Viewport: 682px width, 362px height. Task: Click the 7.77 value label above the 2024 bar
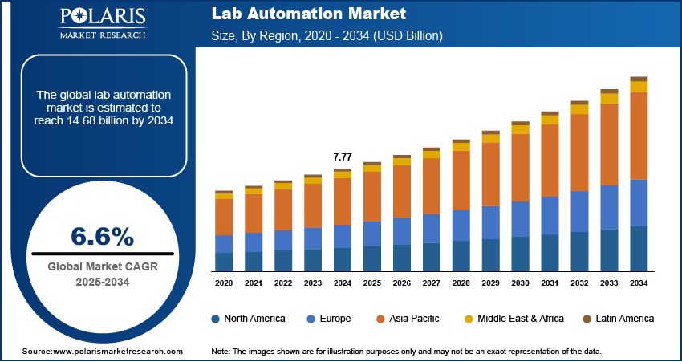click(343, 156)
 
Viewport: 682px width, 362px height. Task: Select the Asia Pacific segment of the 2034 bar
click(639, 136)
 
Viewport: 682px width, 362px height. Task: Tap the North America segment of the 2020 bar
click(224, 262)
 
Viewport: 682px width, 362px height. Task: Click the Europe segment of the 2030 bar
click(521, 219)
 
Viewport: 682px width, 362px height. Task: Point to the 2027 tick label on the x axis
click(432, 283)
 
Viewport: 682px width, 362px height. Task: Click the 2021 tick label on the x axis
click(254, 283)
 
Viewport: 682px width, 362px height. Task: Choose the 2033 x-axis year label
click(609, 283)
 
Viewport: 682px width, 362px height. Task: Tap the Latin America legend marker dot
click(587, 319)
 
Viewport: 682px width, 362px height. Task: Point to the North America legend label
click(254, 319)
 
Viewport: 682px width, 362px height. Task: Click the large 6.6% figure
click(102, 236)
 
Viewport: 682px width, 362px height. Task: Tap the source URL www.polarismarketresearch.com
click(118, 352)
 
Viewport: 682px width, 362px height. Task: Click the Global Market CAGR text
click(102, 267)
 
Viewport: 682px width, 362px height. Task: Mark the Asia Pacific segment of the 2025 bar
click(372, 196)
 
